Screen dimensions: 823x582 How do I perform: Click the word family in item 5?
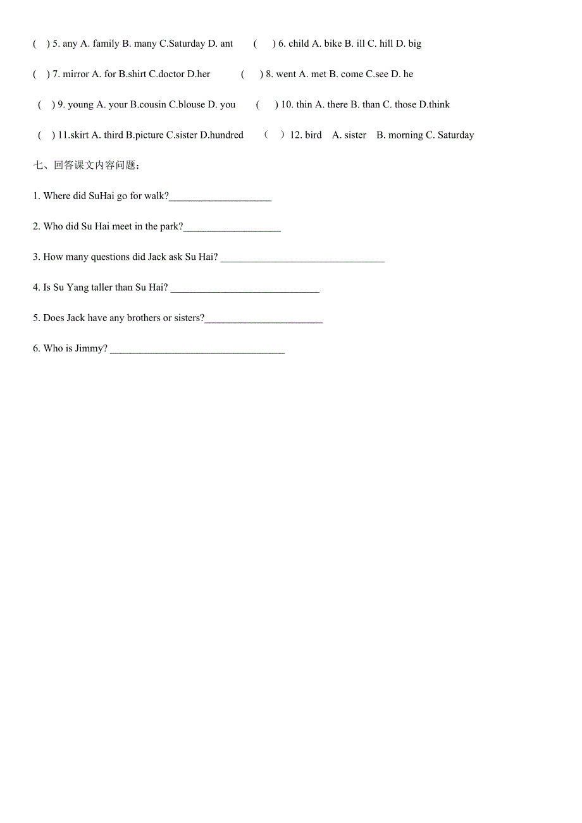[106, 44]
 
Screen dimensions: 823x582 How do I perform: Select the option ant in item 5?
[226, 44]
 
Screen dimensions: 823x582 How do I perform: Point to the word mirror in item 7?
[76, 74]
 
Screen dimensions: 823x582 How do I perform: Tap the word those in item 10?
[406, 104]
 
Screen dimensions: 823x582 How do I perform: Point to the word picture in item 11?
[149, 135]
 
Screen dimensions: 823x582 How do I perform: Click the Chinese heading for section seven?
[87, 166]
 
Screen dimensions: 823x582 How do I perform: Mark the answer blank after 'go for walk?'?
[220, 197]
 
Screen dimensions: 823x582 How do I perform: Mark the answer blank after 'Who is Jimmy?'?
[197, 350]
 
